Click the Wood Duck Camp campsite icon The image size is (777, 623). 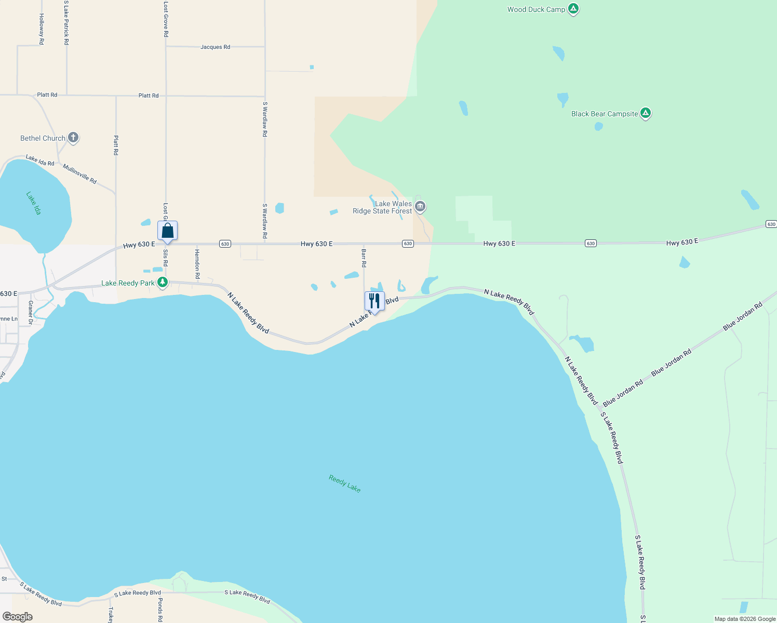[x=573, y=9]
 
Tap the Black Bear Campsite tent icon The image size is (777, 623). [x=645, y=113]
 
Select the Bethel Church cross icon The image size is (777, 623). [x=73, y=138]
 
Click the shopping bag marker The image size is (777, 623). [x=167, y=231]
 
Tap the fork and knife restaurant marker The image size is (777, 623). [x=374, y=301]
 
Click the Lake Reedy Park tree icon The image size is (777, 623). [x=163, y=282]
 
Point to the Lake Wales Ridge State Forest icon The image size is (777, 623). [x=420, y=207]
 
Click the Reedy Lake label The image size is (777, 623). [x=344, y=483]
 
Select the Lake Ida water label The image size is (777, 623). [x=34, y=203]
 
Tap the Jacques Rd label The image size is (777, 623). [x=215, y=47]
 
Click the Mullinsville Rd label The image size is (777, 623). [x=79, y=174]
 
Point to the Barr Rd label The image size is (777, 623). [x=364, y=258]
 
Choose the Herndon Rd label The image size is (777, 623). [x=197, y=264]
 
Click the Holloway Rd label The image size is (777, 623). [x=42, y=29]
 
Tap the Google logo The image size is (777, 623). [x=18, y=617]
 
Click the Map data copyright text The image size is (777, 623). [x=745, y=619]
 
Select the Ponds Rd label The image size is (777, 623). [x=160, y=610]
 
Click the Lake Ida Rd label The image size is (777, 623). [x=40, y=160]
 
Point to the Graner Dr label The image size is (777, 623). [x=31, y=313]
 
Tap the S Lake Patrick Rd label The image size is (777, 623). [x=66, y=23]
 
